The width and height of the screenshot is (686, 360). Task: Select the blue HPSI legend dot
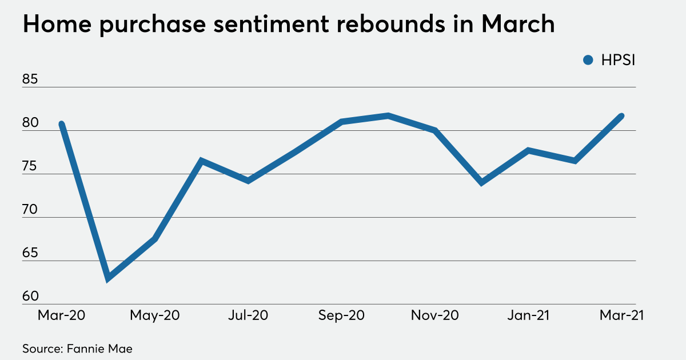[x=587, y=60]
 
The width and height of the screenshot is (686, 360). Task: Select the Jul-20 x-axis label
[x=248, y=315]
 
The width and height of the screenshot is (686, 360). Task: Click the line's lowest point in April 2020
[x=108, y=279]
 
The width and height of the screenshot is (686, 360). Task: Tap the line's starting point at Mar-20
[x=62, y=124]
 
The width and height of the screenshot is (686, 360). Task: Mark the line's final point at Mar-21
[x=621, y=116]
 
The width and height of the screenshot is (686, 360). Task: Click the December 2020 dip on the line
[x=482, y=182]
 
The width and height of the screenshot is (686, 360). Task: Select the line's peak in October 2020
[x=388, y=116]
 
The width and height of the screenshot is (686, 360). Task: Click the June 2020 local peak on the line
[x=201, y=161]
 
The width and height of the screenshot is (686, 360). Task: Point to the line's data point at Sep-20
[x=341, y=121]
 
